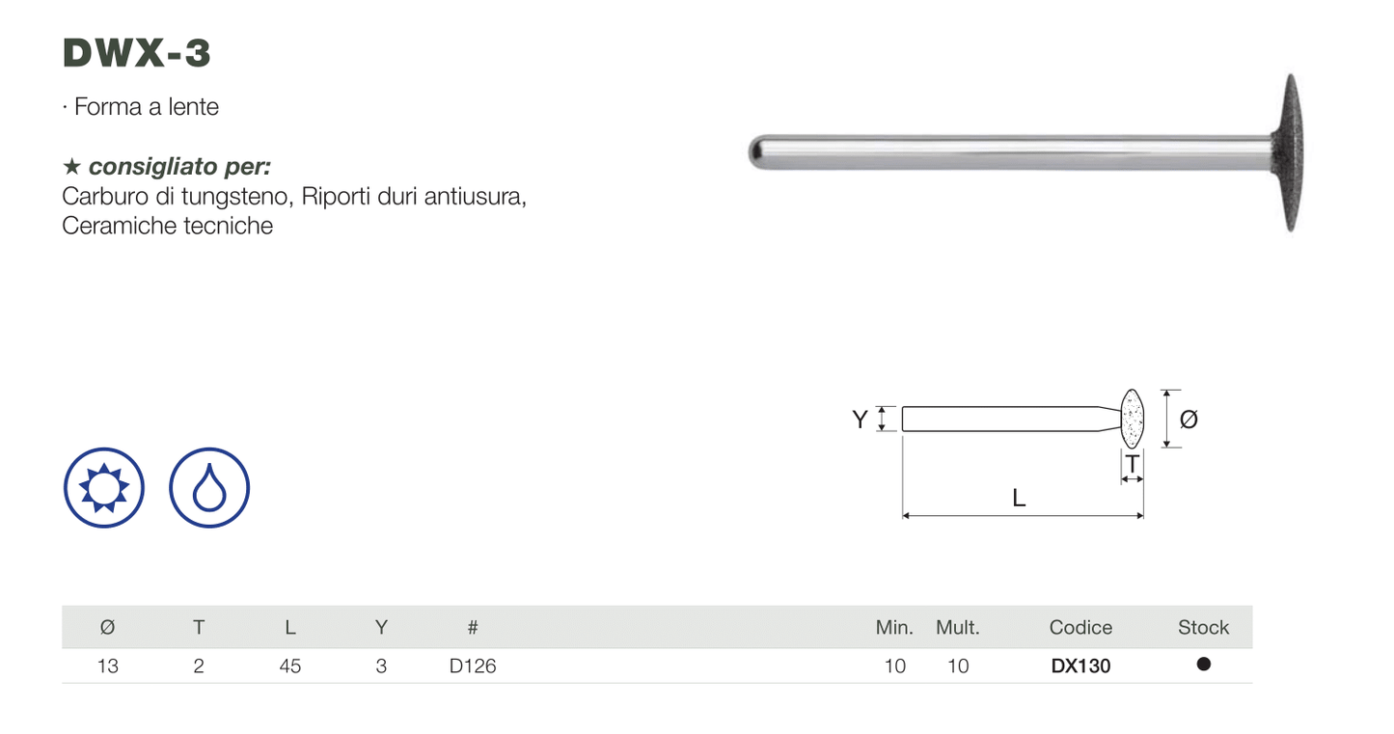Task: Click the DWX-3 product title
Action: [x=137, y=52]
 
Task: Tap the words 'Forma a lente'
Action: [x=147, y=107]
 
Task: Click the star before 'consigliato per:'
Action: [x=71, y=166]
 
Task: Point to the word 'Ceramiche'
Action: [x=111, y=225]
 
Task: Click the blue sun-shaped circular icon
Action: [x=104, y=488]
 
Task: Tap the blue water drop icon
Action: [x=209, y=488]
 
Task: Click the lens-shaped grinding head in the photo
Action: [x=1288, y=152]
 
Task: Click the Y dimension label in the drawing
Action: [x=860, y=420]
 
